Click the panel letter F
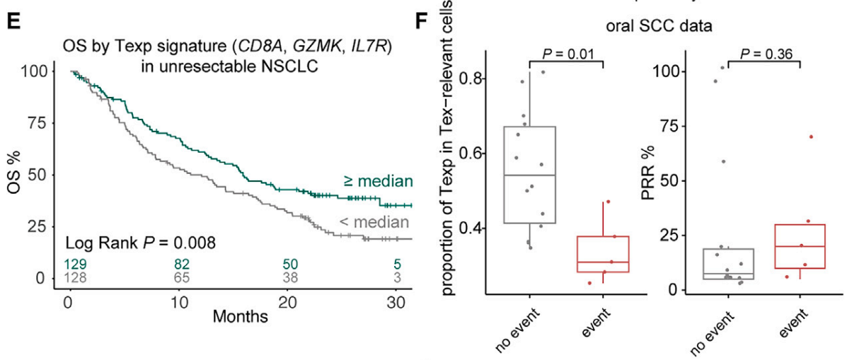pos(422,22)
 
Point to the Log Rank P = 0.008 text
pos(141,243)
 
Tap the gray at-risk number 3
pos(398,278)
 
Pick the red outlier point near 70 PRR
pos(811,137)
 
